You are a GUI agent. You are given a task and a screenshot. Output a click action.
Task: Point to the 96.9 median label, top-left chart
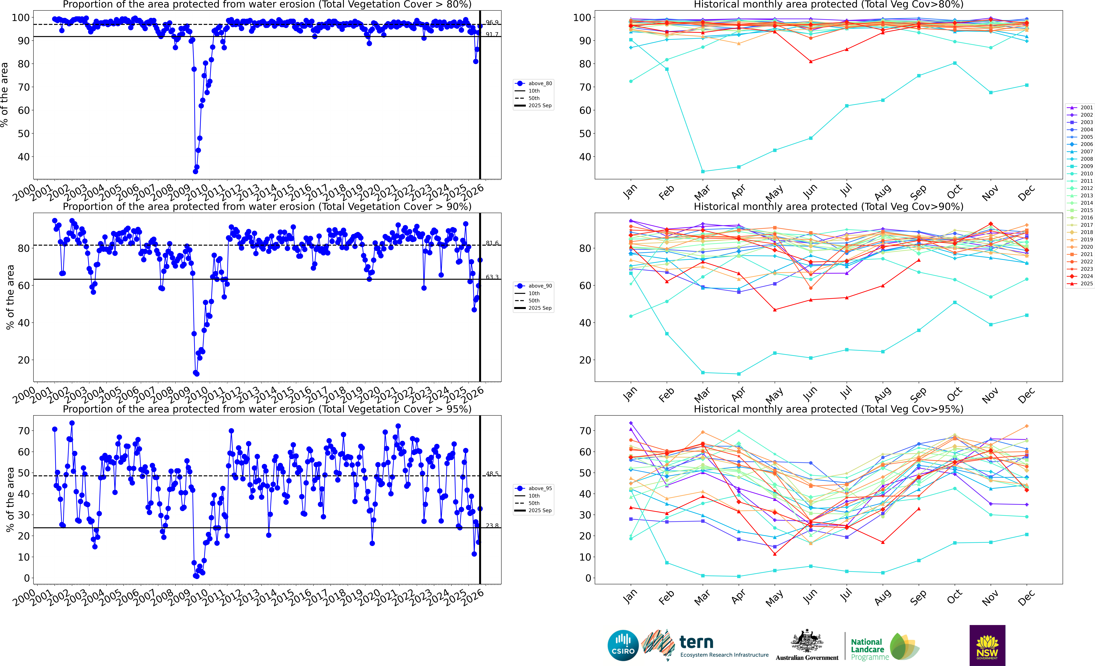pyautogui.click(x=491, y=22)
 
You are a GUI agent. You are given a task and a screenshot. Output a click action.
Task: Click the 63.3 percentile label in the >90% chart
pyautogui.click(x=491, y=277)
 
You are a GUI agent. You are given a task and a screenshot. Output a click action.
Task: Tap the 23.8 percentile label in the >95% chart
pyautogui.click(x=491, y=526)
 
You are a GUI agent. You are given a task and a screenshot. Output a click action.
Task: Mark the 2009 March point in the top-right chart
pyautogui.click(x=703, y=171)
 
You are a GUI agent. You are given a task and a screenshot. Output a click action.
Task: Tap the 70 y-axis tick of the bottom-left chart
pyautogui.click(x=24, y=431)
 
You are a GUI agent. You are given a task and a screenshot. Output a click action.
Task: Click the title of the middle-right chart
pyautogui.click(x=828, y=207)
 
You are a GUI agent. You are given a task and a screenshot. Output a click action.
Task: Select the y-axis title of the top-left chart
pyautogui.click(x=4, y=95)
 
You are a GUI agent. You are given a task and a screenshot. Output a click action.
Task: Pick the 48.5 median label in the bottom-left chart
pyautogui.click(x=491, y=474)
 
